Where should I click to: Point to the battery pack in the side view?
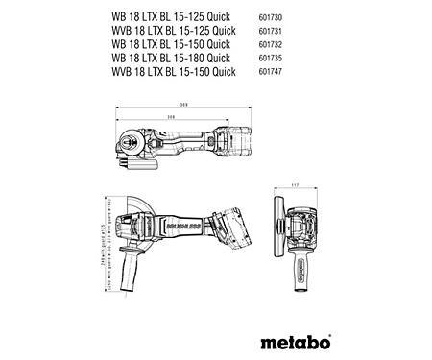point(230,230)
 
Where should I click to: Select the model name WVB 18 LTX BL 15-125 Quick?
point(172,30)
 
